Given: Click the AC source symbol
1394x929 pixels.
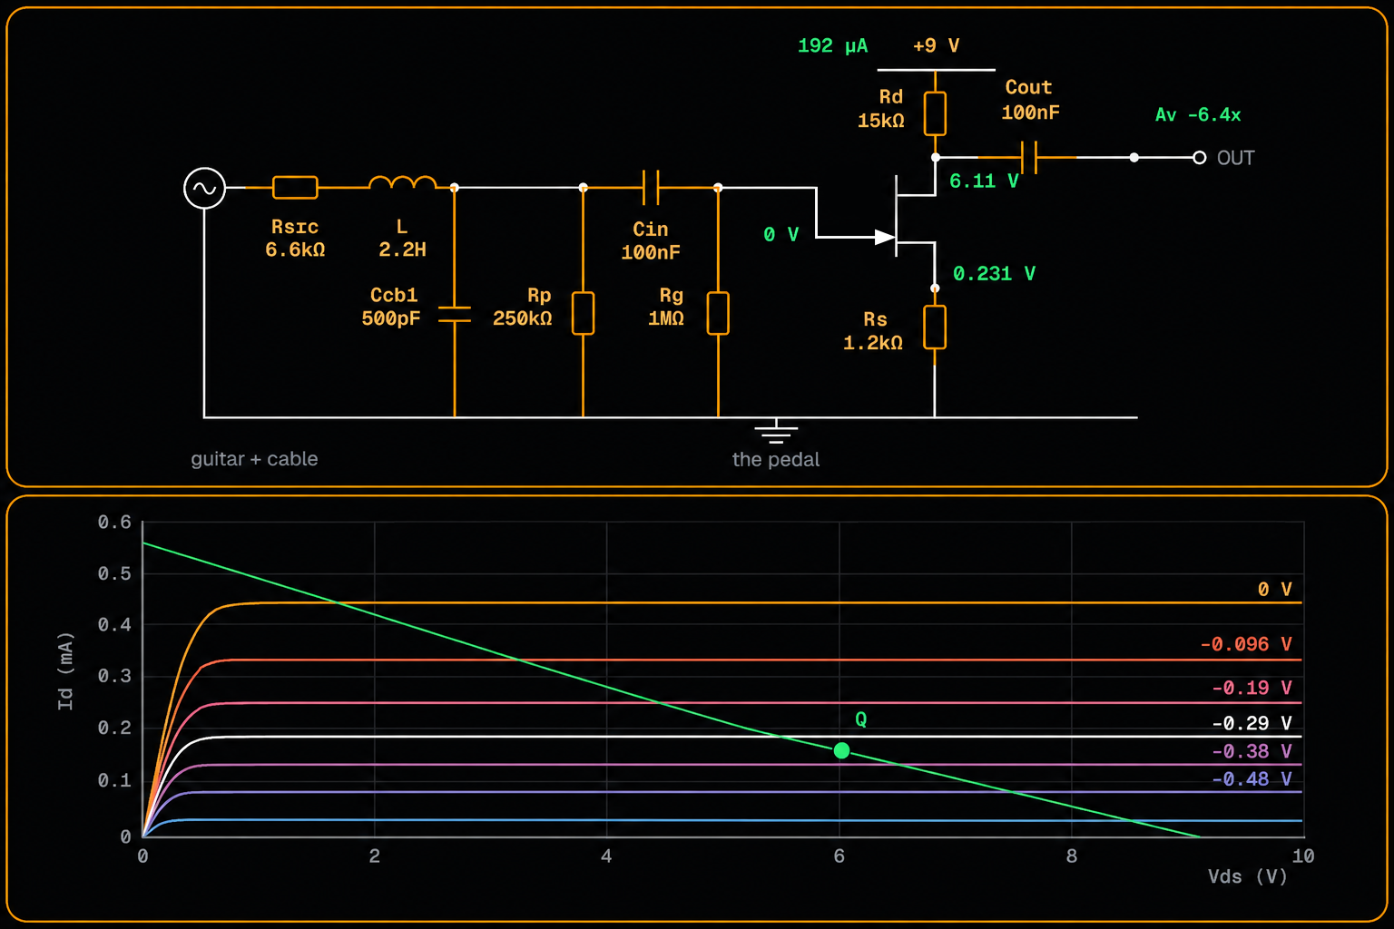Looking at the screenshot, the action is [x=204, y=187].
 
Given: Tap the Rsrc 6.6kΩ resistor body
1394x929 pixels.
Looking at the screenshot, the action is [x=295, y=187].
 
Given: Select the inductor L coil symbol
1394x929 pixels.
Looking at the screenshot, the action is [x=402, y=182].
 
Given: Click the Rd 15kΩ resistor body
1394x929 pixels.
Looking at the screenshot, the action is [x=935, y=113].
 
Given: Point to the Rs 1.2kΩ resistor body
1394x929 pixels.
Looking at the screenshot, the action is [x=935, y=327].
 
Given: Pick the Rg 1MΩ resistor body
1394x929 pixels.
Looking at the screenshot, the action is [x=718, y=313].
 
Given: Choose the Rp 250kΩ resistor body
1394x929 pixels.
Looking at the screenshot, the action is [x=584, y=313].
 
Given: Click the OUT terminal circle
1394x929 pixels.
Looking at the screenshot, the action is [x=1199, y=158].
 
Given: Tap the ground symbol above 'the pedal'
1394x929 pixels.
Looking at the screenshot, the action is [x=776, y=431].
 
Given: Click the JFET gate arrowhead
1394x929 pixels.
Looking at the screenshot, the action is [x=885, y=237].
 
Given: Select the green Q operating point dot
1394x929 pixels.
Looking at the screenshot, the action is [x=841, y=750].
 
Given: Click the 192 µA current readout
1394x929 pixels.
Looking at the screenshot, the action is [x=832, y=45].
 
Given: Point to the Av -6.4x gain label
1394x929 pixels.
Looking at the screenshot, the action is [x=1198, y=114].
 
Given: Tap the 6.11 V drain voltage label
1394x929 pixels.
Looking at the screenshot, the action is [x=984, y=181].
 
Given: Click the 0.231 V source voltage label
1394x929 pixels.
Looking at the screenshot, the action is [x=994, y=273].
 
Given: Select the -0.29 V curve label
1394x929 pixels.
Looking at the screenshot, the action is [x=1252, y=723].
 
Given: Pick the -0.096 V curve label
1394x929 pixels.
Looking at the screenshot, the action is [x=1246, y=644].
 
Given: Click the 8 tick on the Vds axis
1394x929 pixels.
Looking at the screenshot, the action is [x=1071, y=856].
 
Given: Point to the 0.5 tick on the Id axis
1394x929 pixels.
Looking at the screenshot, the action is [x=114, y=573].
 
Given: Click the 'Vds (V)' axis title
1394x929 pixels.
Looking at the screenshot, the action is [x=1247, y=876].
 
